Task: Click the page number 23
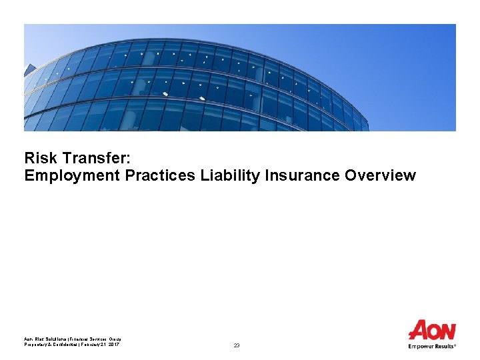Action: [237, 345]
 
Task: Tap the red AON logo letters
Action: [432, 331]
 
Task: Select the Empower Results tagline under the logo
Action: [432, 346]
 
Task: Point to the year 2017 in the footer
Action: [114, 344]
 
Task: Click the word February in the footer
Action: [93, 344]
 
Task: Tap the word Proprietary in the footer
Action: [37, 344]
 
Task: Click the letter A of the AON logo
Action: [418, 331]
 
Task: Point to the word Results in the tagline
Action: [443, 346]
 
